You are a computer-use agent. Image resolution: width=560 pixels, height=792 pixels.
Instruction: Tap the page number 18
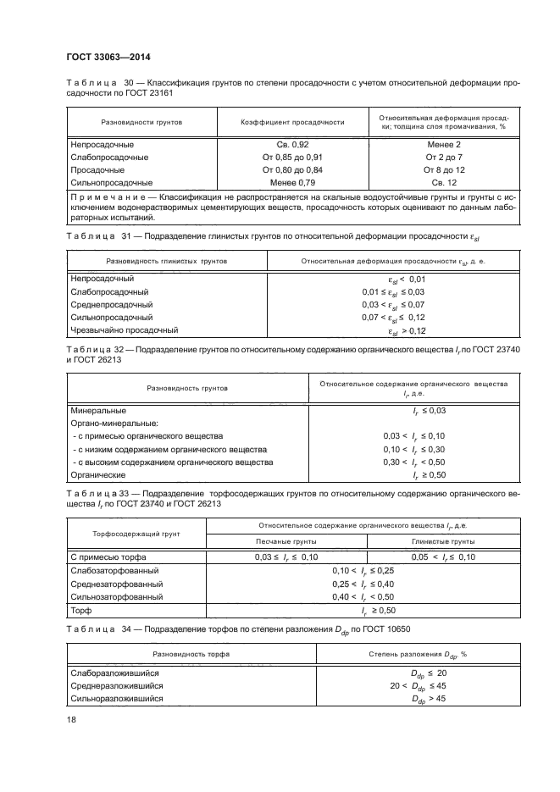point(71,718)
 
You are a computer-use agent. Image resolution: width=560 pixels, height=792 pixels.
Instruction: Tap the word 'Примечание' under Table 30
point(104,196)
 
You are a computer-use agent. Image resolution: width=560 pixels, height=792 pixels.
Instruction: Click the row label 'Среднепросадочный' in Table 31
point(112,304)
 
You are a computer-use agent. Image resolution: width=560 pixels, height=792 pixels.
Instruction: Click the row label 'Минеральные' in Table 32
point(99,410)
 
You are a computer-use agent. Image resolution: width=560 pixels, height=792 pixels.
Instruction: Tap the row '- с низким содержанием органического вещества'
point(169,449)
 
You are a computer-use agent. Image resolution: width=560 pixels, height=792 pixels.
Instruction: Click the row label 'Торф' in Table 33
point(81,610)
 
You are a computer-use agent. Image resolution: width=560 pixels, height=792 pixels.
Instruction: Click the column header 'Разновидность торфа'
point(179,656)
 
